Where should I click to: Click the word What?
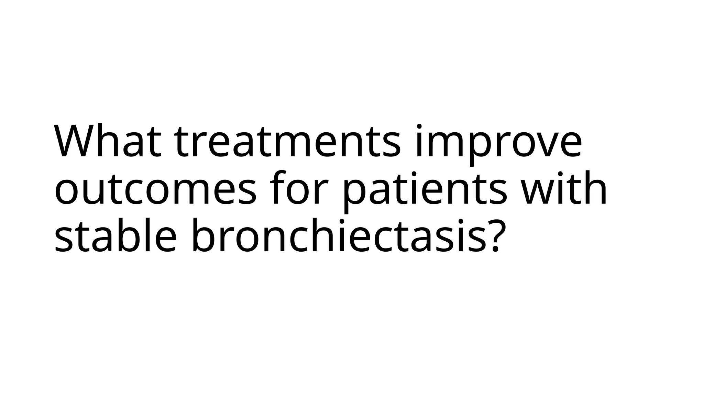point(108,141)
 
